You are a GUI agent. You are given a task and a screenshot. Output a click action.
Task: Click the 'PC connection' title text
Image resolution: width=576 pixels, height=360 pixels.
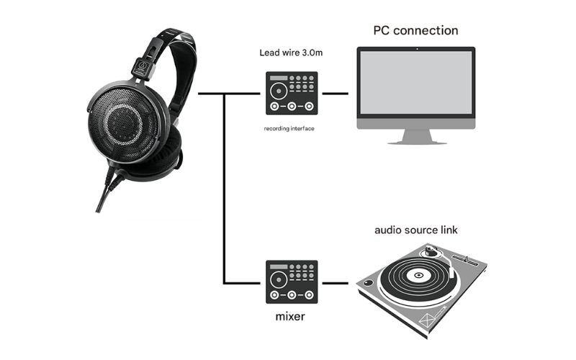(x=415, y=30)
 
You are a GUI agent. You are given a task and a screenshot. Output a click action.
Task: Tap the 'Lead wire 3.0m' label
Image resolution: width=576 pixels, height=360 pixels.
(x=290, y=53)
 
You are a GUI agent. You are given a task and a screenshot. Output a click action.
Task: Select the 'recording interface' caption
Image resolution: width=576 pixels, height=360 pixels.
(x=290, y=128)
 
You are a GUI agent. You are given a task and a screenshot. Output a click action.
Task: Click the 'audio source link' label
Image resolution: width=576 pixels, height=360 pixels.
(x=415, y=230)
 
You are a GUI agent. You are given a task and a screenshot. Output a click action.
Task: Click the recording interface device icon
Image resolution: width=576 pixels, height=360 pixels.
(x=291, y=94)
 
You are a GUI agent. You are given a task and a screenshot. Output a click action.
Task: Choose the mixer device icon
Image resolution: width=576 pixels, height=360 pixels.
(x=291, y=281)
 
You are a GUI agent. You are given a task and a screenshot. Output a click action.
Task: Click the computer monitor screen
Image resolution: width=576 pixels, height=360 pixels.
(x=416, y=83)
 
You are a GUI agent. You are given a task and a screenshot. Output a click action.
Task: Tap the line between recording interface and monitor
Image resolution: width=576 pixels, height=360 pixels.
(x=336, y=94)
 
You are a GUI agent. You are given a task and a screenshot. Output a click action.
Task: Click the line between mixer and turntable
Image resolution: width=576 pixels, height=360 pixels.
(x=336, y=281)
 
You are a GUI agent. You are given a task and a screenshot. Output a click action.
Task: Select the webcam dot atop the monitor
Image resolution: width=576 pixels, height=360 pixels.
(x=416, y=49)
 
